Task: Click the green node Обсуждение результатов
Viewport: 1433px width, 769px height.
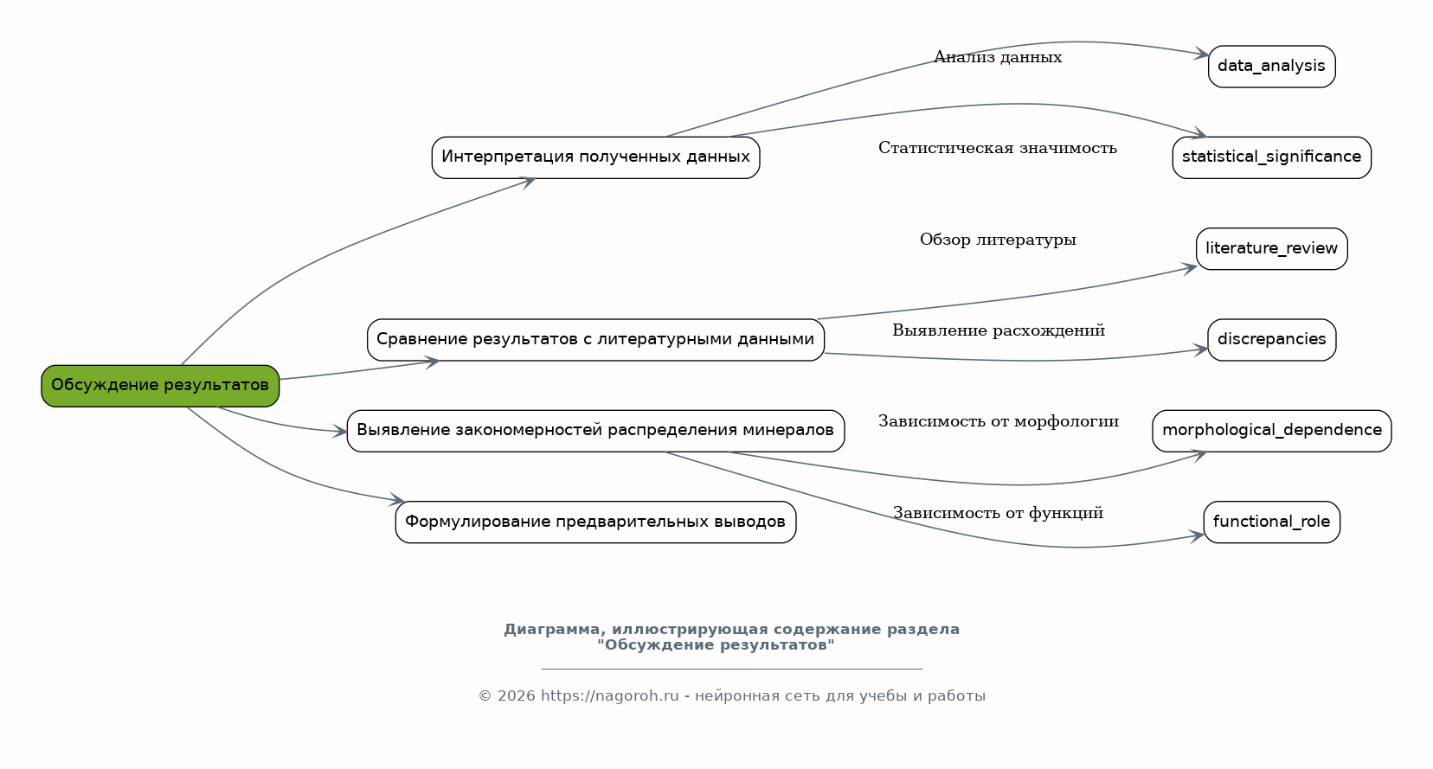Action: click(x=160, y=386)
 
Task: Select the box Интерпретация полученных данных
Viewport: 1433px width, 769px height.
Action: click(x=595, y=158)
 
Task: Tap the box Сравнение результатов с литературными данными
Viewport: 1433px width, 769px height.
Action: click(x=595, y=340)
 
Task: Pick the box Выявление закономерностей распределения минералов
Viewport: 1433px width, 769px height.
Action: click(x=595, y=432)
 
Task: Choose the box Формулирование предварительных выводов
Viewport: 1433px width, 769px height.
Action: click(x=595, y=522)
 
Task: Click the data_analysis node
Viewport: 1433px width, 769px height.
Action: click(x=1272, y=67)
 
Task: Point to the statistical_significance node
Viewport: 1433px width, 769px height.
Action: click(x=1272, y=158)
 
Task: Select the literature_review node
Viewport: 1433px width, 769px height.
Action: click(x=1272, y=249)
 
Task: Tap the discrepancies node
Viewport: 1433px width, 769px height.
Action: click(x=1272, y=340)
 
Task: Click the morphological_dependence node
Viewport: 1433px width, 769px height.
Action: click(x=1272, y=432)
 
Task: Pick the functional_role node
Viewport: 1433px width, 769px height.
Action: click(x=1272, y=522)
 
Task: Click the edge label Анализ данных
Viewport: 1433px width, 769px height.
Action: click(x=998, y=58)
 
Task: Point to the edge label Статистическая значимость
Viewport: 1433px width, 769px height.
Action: click(x=998, y=148)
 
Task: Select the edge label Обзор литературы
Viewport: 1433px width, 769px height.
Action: click(x=998, y=240)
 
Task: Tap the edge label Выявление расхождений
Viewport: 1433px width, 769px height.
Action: click(x=999, y=330)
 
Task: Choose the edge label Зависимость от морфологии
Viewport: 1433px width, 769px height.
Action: click(x=999, y=422)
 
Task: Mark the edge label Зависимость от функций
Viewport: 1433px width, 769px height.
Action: click(x=998, y=513)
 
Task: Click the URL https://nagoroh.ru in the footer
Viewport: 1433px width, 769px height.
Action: click(x=610, y=696)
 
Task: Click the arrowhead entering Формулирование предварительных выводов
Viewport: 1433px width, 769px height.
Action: click(x=397, y=500)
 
